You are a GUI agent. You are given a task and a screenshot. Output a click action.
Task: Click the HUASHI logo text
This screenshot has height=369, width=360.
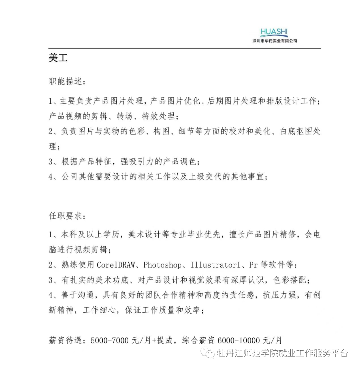pyautogui.click(x=274, y=32)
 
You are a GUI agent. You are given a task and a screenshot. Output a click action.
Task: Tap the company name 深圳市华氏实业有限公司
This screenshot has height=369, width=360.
pyautogui.click(x=275, y=41)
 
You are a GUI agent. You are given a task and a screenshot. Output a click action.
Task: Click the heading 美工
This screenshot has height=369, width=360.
pyautogui.click(x=58, y=58)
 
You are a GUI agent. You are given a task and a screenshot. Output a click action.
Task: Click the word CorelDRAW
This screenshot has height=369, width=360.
pyautogui.click(x=116, y=265)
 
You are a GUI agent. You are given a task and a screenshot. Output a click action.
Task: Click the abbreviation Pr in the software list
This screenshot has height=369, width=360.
pyautogui.click(x=253, y=265)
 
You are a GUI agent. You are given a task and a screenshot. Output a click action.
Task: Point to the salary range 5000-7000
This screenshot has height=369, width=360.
pyautogui.click(x=110, y=341)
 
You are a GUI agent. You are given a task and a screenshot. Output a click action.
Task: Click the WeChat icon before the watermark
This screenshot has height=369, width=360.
pyautogui.click(x=210, y=353)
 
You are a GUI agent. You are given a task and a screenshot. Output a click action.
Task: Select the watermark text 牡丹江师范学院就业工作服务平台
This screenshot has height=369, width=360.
pyautogui.click(x=282, y=353)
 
